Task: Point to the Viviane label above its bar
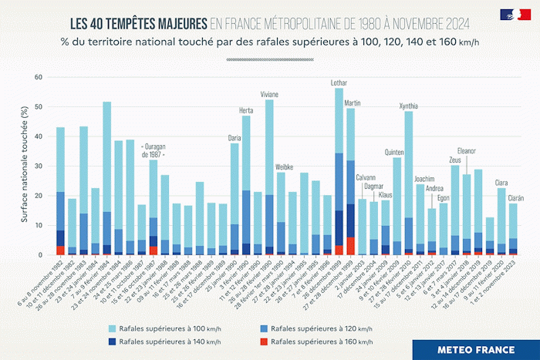click(x=269, y=94)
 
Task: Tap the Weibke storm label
click(x=283, y=167)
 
